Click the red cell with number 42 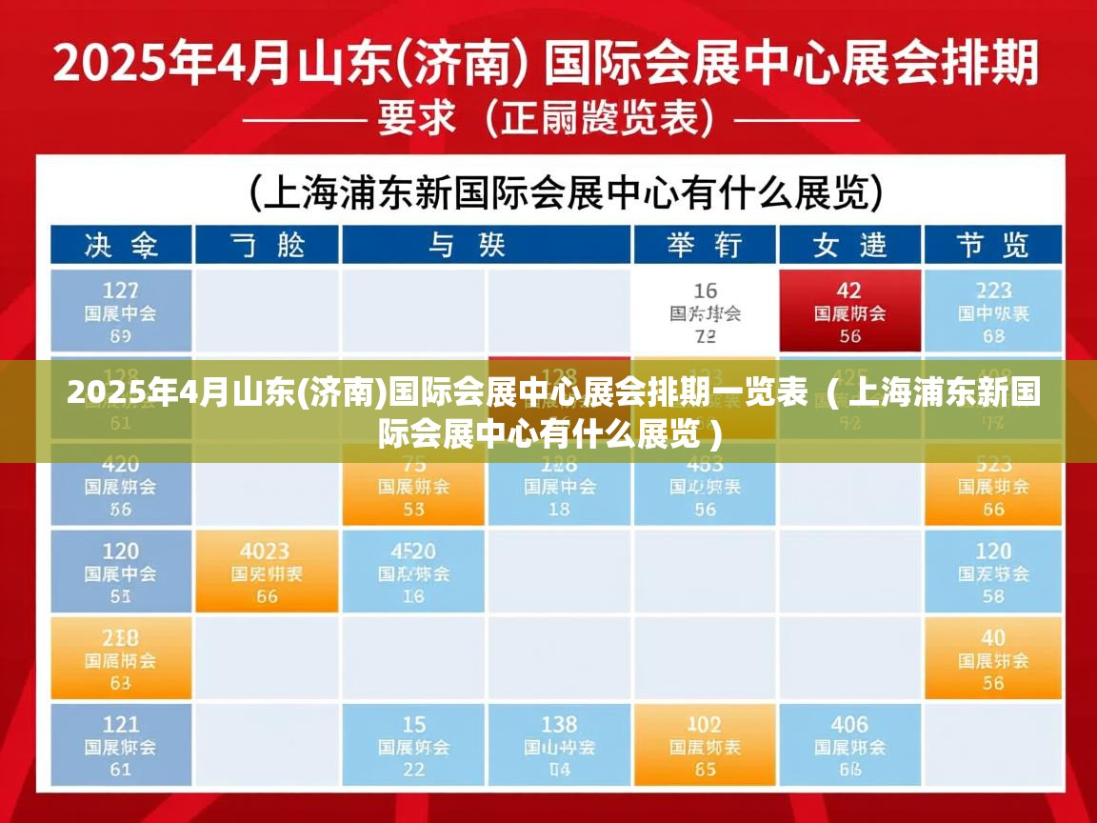click(x=849, y=311)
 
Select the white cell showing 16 click(x=705, y=311)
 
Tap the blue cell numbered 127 click(x=121, y=311)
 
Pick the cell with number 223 click(x=993, y=311)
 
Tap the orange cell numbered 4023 click(x=267, y=572)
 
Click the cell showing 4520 click(x=413, y=572)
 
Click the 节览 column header click(x=993, y=245)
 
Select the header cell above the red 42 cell click(x=849, y=245)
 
